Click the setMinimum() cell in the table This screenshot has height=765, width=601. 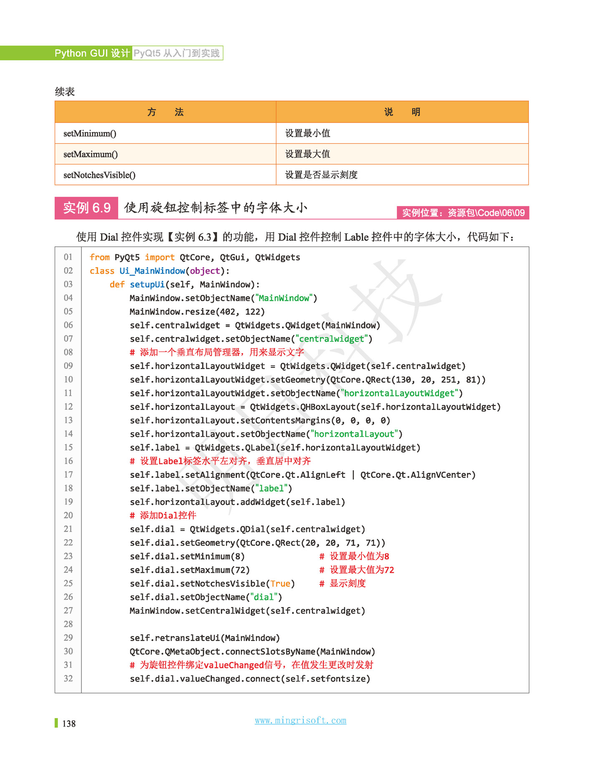click(x=90, y=134)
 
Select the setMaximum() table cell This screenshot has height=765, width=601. click(x=91, y=154)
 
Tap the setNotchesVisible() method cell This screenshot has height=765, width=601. click(x=99, y=175)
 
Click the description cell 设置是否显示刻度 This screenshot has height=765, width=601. click(x=321, y=175)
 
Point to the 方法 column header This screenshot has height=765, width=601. click(x=165, y=112)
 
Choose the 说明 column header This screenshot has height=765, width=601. click(x=402, y=112)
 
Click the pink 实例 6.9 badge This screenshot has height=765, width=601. click(x=87, y=208)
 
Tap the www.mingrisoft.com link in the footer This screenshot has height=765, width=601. click(x=300, y=720)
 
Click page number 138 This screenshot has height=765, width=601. click(x=69, y=724)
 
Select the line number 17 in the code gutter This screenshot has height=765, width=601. click(x=68, y=475)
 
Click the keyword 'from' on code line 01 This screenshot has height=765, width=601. click(x=99, y=258)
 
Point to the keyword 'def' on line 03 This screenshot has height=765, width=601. click(x=117, y=285)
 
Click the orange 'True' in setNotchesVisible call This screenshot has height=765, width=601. click(x=280, y=583)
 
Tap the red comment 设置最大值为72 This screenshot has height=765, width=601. click(x=361, y=570)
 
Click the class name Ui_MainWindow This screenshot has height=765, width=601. click(x=152, y=271)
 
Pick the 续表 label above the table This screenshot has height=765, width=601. click(x=65, y=92)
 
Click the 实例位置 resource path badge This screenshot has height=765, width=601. click(x=463, y=213)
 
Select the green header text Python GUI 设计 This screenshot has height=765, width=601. click(x=92, y=53)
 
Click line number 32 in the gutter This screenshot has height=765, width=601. click(x=68, y=679)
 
